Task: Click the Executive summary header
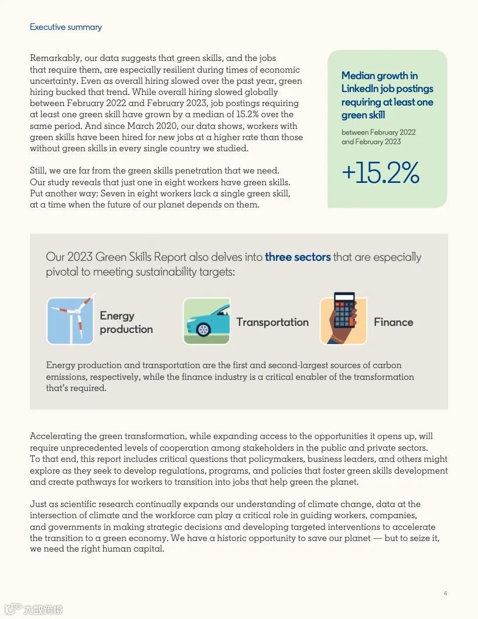[66, 27]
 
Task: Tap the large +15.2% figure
[380, 173]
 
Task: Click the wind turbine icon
[70, 320]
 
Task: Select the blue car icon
[206, 321]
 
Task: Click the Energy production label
[126, 322]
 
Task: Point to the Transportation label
[272, 322]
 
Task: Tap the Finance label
[393, 322]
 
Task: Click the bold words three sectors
[298, 257]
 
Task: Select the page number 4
[445, 594]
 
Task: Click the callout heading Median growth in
[380, 76]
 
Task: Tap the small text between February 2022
[378, 132]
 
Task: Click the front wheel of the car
[203, 329]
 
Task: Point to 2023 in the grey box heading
[80, 257]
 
